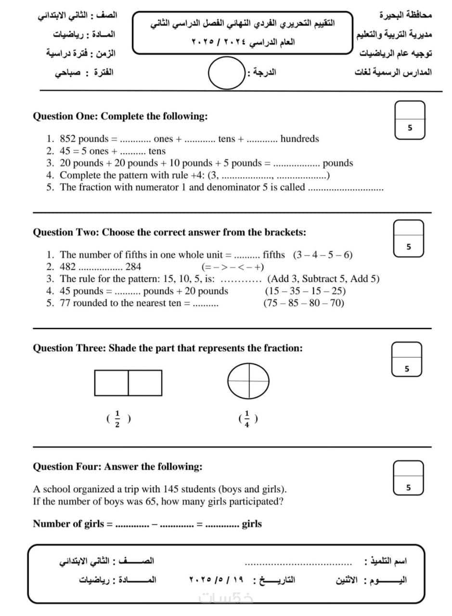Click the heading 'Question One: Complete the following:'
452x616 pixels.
[x=120, y=116]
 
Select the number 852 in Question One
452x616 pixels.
[x=68, y=139]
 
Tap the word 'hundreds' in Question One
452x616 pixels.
[x=299, y=139]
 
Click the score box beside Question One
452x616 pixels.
[x=410, y=120]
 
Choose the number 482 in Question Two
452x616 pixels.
[x=68, y=267]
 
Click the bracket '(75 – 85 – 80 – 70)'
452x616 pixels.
[x=304, y=303]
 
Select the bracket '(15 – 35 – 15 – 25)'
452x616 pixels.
[x=305, y=291]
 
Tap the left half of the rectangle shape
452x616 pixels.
[x=112, y=383]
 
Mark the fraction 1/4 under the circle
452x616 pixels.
[x=248, y=419]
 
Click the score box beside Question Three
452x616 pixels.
[x=407, y=359]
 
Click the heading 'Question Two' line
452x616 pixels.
[x=169, y=232]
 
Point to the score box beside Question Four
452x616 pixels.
[x=409, y=477]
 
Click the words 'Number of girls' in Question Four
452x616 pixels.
[x=68, y=524]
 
